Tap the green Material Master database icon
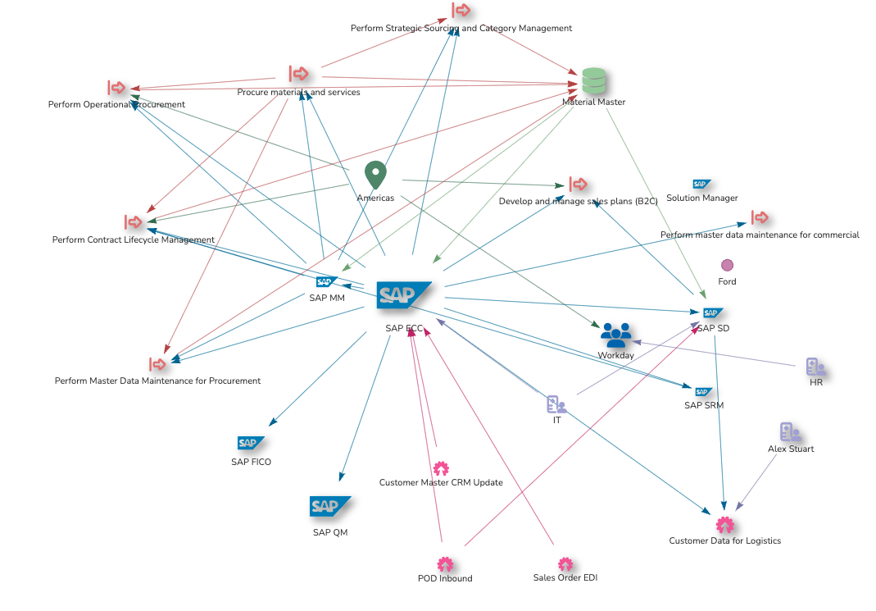[593, 81]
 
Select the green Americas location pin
[375, 176]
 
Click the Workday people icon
[616, 335]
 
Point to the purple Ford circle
[727, 265]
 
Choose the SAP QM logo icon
[329, 507]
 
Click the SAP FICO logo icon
[251, 443]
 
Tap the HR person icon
[815, 367]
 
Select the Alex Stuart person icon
[790, 432]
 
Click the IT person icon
[556, 404]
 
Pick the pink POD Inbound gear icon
[445, 564]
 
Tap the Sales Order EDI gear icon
[565, 564]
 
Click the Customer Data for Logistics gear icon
[724, 525]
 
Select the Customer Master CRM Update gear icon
[441, 468]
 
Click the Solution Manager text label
[701, 198]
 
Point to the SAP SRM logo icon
[703, 392]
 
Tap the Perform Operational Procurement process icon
[116, 88]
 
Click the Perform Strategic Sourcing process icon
[461, 11]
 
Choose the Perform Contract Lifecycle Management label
[134, 240]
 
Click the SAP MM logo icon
[326, 282]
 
